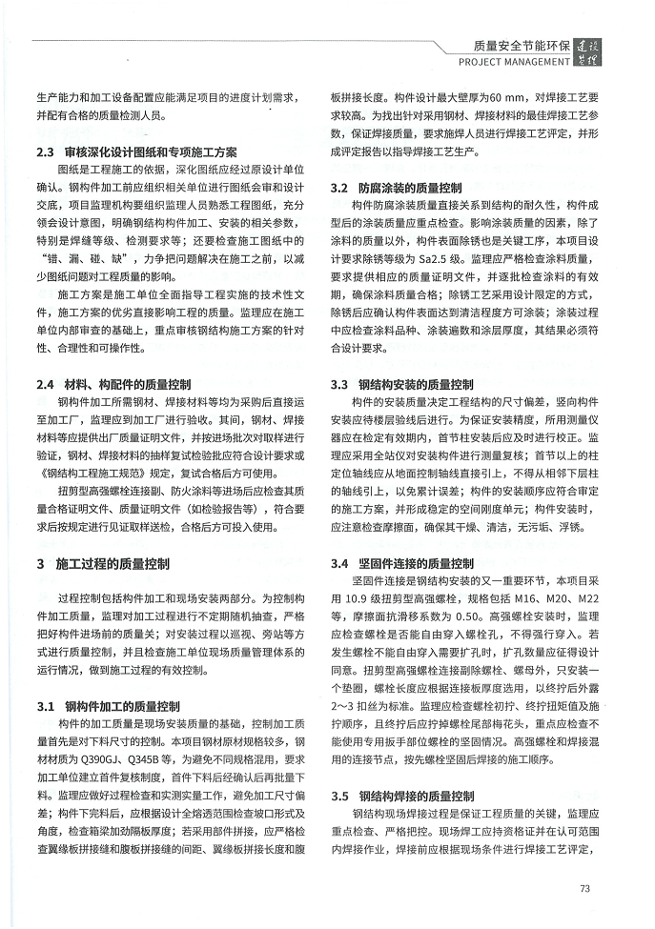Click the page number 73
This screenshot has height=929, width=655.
585,889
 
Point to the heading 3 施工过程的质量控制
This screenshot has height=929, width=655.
103,563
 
